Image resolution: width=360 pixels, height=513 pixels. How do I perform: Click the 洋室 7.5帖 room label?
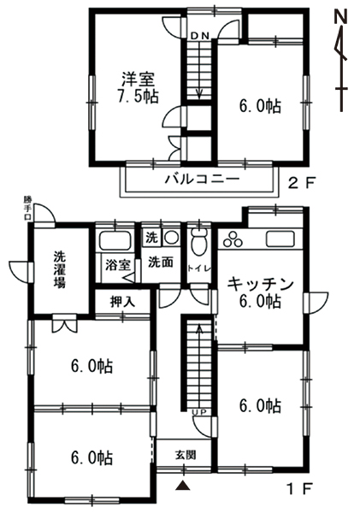[139, 87]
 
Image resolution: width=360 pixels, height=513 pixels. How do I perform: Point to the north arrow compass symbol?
[341, 60]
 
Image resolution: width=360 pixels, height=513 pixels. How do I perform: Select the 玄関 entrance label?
[186, 455]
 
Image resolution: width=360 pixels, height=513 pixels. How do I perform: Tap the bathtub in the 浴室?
[115, 241]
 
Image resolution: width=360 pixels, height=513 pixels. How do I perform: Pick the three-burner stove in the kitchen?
[233, 239]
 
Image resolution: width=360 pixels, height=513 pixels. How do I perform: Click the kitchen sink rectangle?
[280, 239]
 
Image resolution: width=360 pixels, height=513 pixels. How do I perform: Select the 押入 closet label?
[122, 302]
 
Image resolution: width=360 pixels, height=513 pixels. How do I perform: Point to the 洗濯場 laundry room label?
[60, 269]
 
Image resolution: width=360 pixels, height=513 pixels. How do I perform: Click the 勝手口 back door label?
[27, 208]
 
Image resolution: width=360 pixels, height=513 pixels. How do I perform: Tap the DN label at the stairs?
[199, 36]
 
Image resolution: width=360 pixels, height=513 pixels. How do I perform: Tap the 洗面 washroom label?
[161, 262]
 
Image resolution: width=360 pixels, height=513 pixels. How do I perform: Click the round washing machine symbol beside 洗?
[171, 237]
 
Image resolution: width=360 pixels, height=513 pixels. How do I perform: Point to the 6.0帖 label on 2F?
[260, 106]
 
